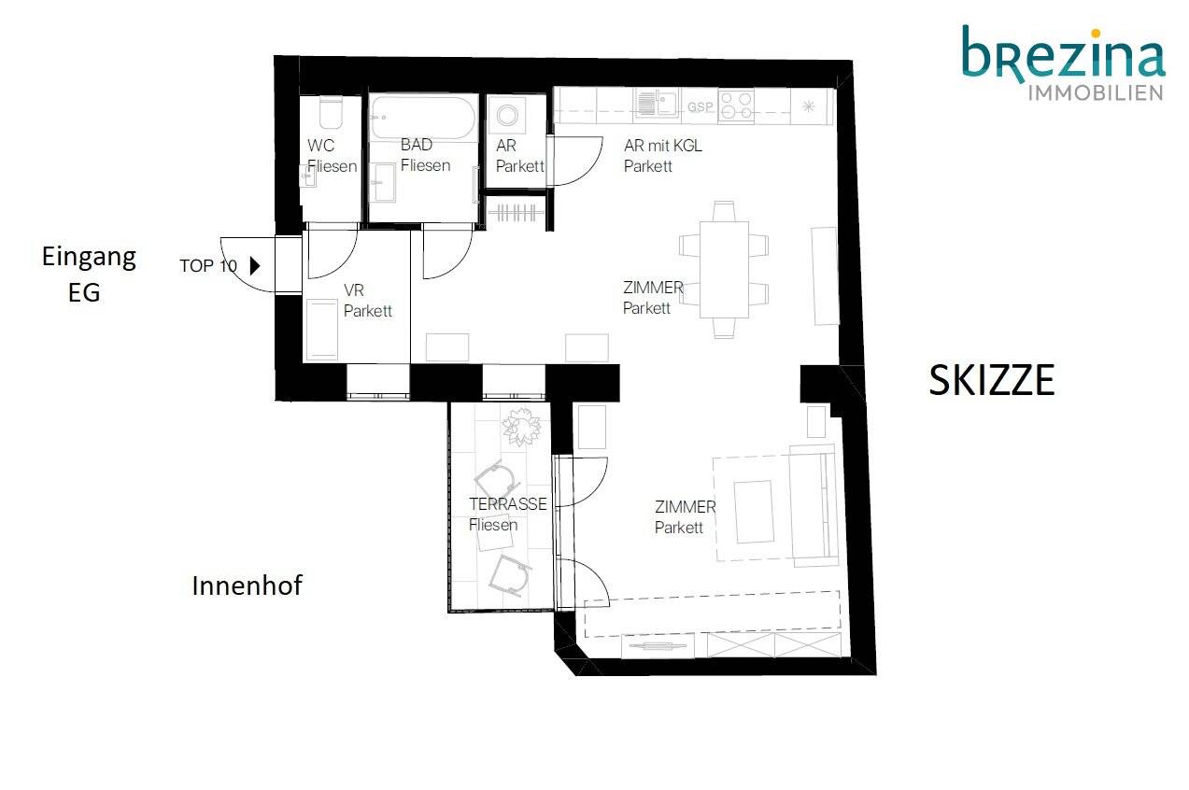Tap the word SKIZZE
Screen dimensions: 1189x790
992,380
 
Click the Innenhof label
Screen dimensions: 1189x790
247,585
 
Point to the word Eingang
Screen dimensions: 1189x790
89,259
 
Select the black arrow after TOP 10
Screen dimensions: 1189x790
255,266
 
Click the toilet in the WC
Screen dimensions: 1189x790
331,112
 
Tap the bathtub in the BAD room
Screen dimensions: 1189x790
422,118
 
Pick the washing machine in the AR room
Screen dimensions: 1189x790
507,115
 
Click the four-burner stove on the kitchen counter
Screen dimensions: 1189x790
736,106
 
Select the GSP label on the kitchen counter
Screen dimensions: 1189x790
701,107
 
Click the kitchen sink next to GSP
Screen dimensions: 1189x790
658,104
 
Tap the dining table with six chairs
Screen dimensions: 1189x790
724,270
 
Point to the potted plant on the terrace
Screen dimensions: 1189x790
522,427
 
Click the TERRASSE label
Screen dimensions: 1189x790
507,504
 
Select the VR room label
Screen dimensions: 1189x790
367,301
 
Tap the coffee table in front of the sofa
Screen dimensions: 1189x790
754,512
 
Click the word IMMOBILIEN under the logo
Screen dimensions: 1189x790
1096,92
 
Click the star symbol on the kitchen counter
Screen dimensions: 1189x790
809,106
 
